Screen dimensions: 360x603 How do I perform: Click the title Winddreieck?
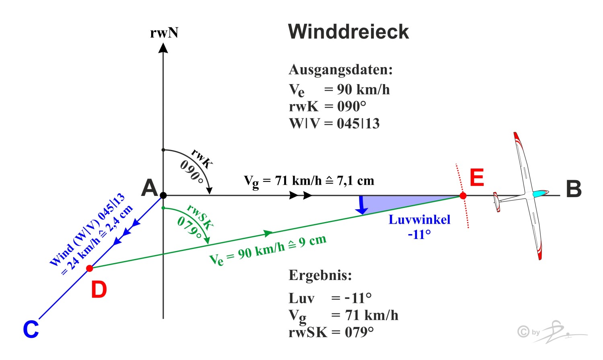pos(348,32)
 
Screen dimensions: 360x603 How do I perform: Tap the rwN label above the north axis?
pos(164,33)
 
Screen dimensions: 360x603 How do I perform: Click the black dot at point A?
pos(163,195)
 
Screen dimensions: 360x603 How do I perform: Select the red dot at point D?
pos(90,268)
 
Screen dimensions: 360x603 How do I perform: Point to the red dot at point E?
pos(463,196)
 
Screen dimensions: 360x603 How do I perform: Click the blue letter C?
pos(31,329)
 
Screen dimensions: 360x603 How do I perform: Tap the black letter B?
pos(574,189)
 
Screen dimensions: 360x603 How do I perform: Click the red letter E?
pos(477,178)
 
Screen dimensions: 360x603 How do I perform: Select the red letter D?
pos(99,290)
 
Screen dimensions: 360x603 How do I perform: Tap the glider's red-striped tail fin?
pos(497,202)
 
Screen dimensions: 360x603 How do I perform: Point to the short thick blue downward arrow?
pos(362,205)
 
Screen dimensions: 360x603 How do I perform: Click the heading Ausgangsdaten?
pos(340,70)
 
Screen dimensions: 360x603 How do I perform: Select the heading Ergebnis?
pos(320,275)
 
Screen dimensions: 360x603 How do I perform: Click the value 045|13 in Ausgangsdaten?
pos(358,123)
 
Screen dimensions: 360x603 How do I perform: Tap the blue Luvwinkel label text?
pos(419,220)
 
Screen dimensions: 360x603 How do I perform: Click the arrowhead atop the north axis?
pos(163,48)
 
